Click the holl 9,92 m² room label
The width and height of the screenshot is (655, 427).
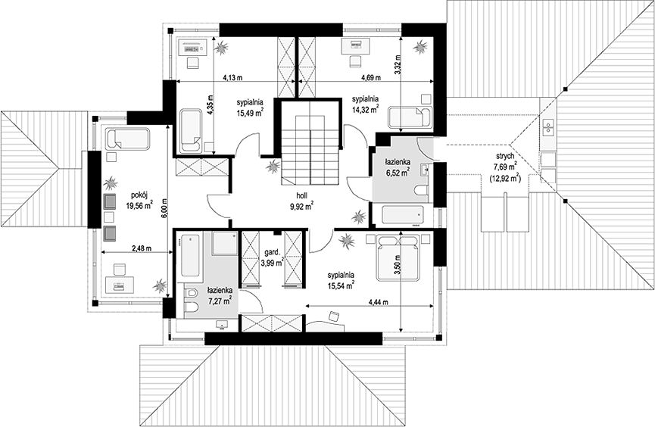304,201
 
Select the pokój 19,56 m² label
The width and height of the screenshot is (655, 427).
139,200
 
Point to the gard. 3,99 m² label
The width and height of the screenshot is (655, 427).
272,257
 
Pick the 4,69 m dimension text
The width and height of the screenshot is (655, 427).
371,77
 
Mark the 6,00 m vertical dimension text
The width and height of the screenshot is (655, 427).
164,207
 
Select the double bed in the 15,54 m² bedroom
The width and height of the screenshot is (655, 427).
398,257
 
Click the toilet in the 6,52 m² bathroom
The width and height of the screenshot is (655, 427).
422,192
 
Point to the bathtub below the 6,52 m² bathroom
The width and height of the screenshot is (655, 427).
402,217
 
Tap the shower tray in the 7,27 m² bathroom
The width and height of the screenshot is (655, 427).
225,243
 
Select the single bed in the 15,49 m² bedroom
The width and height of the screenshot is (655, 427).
191,130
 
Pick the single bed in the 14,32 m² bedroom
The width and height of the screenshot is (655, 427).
410,117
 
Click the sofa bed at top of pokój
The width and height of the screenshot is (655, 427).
127,139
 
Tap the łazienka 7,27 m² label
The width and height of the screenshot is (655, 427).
220,295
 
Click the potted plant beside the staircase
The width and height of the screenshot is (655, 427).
273,167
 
